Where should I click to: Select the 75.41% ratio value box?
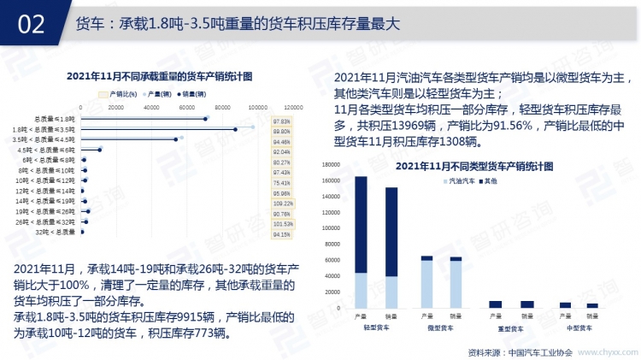click(x=283, y=183)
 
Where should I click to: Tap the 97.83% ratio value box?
click(x=283, y=121)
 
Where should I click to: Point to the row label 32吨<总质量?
click(x=59, y=232)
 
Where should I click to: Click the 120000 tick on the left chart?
click(x=293, y=108)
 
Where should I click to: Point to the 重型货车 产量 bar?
click(x=496, y=304)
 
